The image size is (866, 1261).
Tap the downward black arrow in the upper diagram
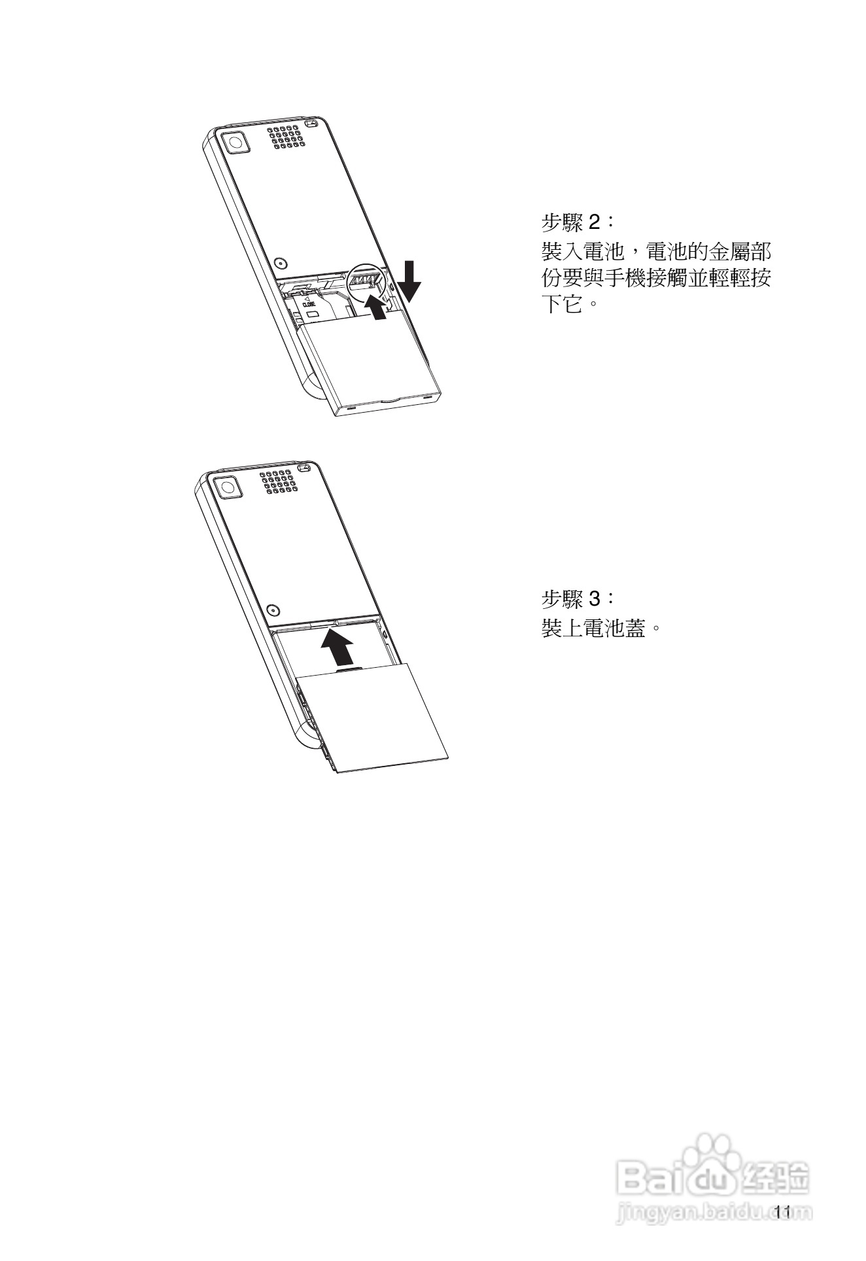(x=411, y=281)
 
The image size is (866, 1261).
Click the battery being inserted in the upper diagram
(x=370, y=363)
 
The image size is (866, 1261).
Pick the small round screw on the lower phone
(x=273, y=610)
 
